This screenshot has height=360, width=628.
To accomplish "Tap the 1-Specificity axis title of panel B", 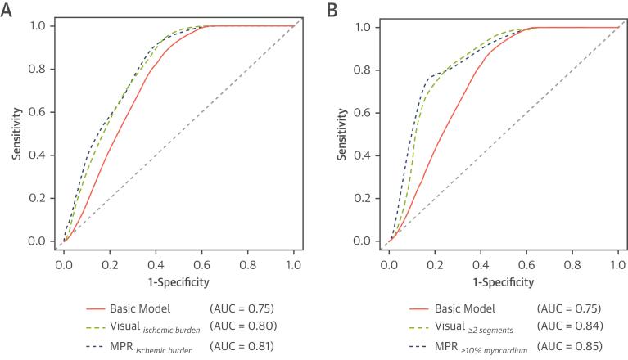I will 503,281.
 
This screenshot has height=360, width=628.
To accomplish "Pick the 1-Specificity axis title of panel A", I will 178,281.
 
